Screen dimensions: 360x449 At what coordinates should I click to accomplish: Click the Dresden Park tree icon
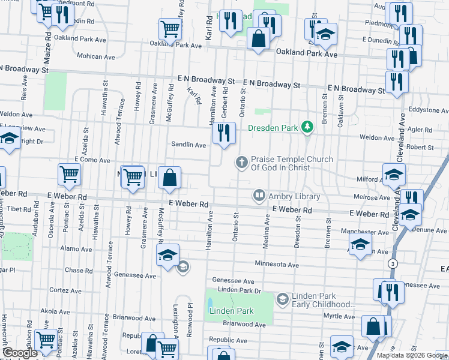point(307,127)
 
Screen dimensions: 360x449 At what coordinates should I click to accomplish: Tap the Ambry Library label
point(294,196)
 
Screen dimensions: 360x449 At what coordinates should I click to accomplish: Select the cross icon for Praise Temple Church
point(241,161)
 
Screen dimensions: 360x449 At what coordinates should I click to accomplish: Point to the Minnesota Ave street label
point(276,265)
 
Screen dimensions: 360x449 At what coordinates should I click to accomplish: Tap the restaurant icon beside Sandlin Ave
point(223,133)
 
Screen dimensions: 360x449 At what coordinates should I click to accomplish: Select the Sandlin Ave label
point(188,145)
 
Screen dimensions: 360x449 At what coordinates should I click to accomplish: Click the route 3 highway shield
point(393,264)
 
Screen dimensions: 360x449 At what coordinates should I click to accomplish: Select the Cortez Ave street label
point(61,290)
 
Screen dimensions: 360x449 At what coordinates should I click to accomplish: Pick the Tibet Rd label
point(19,208)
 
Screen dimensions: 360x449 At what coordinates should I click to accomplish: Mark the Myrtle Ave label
point(339,316)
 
